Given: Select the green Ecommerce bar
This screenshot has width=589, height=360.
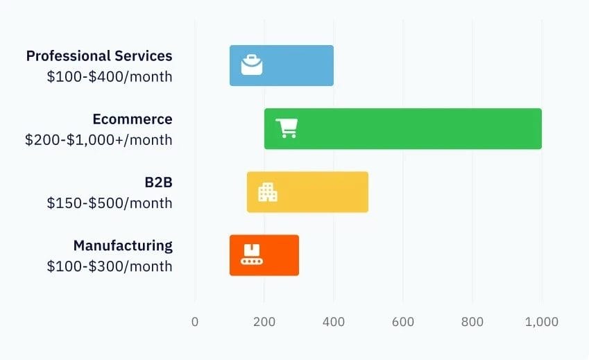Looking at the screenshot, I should point(416,129).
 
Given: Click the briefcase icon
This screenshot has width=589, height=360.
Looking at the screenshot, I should point(252,65).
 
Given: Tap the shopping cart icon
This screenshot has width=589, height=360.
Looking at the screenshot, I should point(287,128).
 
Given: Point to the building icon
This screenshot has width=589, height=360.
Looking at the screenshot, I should point(268,192).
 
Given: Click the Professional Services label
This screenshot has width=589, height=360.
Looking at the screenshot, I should point(99,56).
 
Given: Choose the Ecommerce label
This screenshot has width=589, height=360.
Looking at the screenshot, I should point(133,119).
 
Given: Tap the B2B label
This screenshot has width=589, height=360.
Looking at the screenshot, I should point(158,182).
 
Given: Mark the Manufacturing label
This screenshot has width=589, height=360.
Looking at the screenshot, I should point(123,246).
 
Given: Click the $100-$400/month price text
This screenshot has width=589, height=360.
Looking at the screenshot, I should point(110,77).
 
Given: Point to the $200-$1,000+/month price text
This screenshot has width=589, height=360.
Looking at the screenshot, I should point(99,140).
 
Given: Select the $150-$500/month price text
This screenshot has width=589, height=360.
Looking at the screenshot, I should point(110,203).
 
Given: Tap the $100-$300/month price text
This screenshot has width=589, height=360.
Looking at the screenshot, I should point(110,266).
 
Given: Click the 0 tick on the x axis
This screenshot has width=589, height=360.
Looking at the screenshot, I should point(195,322).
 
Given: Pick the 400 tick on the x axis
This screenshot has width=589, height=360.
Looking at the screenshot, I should point(334,322).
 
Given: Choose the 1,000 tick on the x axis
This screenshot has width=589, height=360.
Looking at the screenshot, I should point(542,322).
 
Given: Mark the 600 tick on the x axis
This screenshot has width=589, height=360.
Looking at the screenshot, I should point(403,322).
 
